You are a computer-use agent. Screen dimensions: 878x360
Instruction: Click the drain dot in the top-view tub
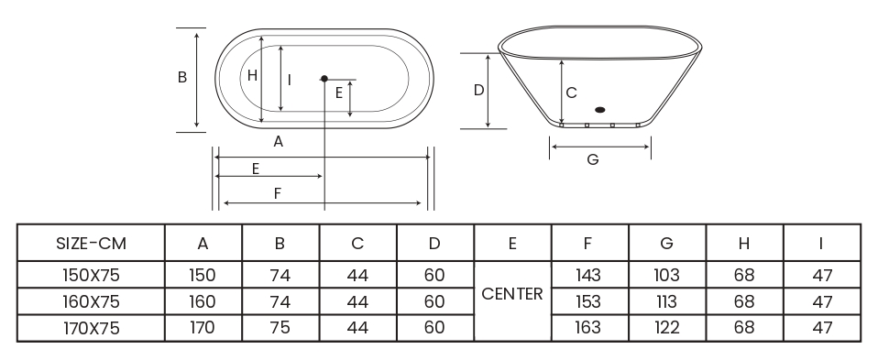click(324, 79)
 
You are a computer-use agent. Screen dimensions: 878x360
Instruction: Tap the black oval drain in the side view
click(599, 110)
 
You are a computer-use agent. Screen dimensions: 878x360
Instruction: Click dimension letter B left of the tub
click(182, 77)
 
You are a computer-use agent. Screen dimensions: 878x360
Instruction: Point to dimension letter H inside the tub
click(252, 76)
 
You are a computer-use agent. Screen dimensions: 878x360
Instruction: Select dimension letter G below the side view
click(592, 159)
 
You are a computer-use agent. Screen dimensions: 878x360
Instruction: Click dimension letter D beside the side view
click(478, 90)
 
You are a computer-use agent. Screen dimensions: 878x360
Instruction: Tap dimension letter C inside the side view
click(571, 93)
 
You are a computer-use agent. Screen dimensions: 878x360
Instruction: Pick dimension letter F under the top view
click(277, 193)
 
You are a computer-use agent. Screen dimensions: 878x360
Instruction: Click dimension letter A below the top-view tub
click(279, 142)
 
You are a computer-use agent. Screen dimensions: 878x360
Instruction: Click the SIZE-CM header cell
click(92, 244)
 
